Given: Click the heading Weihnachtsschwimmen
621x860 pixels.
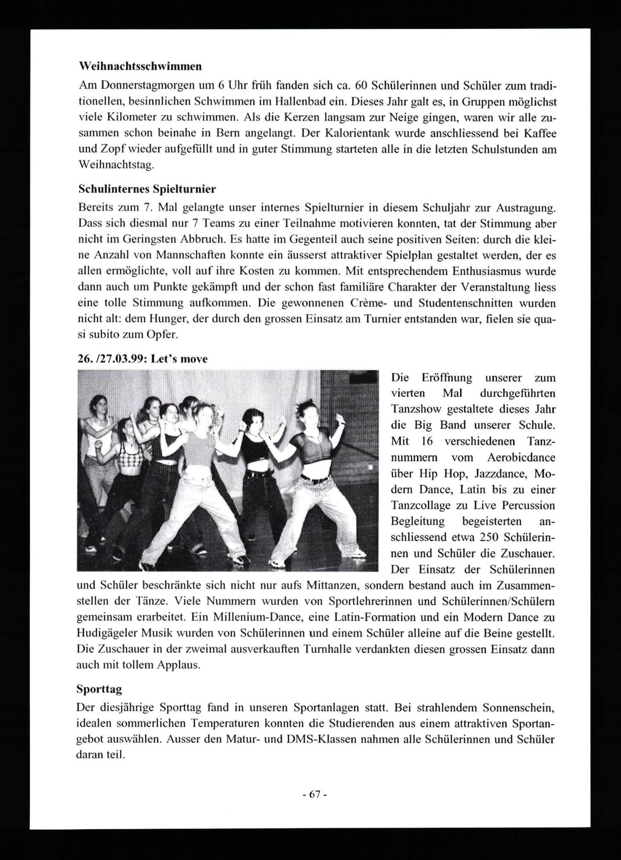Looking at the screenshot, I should pos(140,66).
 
